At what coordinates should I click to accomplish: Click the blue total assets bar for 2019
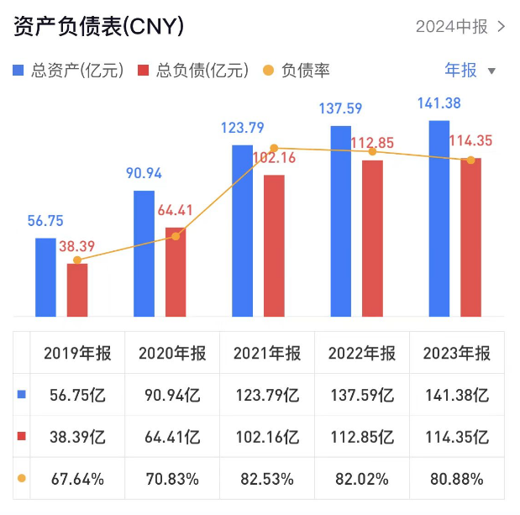(45, 277)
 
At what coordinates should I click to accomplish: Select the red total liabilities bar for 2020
(176, 272)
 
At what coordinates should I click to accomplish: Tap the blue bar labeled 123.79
(242, 231)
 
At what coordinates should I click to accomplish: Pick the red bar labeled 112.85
(372, 239)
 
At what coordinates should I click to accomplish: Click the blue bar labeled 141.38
(439, 218)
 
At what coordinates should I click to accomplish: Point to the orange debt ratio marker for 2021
(274, 148)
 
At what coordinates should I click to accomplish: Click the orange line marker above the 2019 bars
(77, 260)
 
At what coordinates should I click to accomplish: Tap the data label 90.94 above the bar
(144, 174)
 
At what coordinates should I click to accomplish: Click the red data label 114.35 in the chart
(471, 140)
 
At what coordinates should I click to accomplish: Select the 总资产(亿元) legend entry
(68, 71)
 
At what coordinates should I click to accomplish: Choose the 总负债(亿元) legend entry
(192, 71)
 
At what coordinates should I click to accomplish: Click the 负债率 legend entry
(296, 71)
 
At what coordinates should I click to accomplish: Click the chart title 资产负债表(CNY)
(98, 27)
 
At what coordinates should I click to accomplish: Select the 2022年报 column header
(361, 353)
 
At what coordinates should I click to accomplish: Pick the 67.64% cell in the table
(77, 480)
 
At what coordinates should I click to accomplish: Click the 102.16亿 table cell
(266, 437)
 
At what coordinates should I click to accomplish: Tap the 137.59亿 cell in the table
(361, 395)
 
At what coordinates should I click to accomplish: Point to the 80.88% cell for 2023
(456, 480)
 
